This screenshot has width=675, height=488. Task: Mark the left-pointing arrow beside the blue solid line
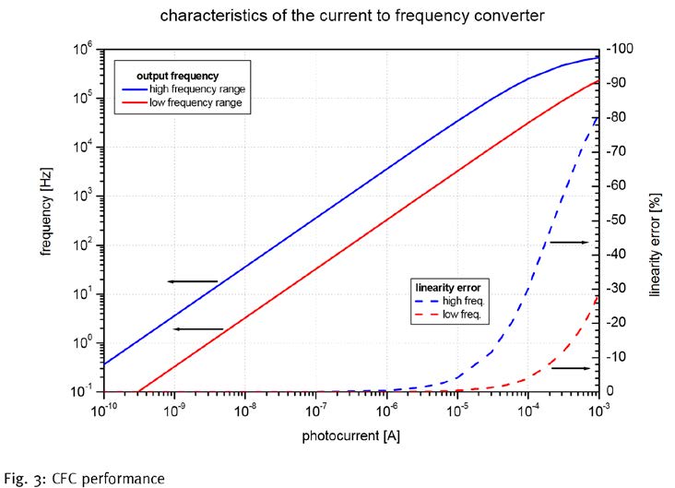click(192, 281)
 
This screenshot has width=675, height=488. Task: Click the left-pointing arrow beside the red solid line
click(197, 328)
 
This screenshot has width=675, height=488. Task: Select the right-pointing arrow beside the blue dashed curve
click(568, 242)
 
